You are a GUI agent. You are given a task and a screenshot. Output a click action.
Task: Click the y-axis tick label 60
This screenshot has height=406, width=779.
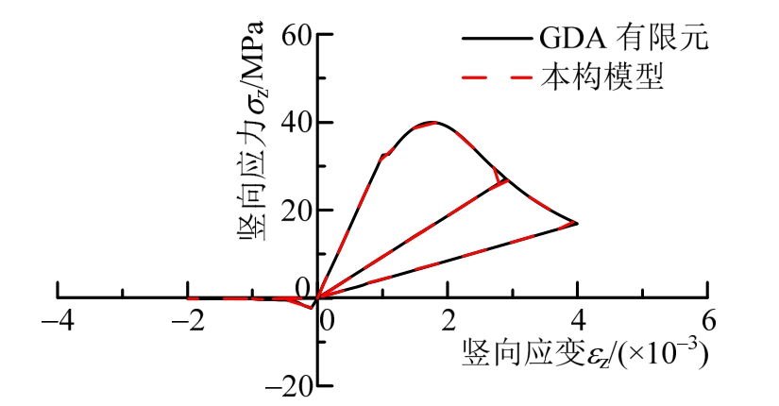[296, 35]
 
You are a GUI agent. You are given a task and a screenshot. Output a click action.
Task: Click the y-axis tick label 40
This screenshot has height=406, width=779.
[296, 123]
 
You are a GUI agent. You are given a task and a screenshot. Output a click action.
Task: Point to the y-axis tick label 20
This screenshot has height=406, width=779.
[296, 211]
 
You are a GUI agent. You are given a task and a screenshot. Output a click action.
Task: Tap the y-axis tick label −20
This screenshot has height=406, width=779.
[288, 386]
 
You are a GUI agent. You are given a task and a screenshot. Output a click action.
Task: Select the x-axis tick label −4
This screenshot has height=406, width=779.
[58, 318]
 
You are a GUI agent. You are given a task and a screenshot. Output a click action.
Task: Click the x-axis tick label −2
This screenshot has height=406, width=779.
[189, 318]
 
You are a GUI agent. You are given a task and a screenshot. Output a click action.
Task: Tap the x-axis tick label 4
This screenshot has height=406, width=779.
[578, 318]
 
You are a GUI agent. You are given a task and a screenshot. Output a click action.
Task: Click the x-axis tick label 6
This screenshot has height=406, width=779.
[708, 318]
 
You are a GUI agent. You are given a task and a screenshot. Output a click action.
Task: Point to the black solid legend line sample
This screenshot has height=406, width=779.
[495, 40]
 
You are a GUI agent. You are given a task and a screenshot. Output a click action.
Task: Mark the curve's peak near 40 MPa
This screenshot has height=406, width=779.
[432, 122]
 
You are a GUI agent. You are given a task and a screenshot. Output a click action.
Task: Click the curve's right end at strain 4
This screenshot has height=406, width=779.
[576, 223]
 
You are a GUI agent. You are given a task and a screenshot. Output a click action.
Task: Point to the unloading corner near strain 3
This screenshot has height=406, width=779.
[508, 180]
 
